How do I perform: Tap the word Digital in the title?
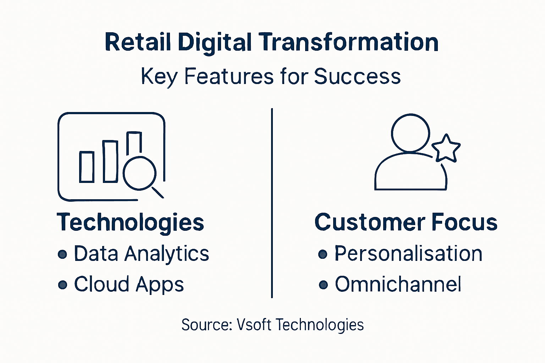[215, 42]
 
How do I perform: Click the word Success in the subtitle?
[357, 76]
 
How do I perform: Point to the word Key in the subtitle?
[159, 76]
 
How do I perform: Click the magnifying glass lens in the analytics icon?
[139, 173]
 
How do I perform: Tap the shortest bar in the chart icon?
[87, 167]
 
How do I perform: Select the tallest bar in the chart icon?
[134, 144]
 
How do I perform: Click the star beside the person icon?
[446, 149]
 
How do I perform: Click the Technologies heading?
[130, 222]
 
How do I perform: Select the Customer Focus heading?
[406, 222]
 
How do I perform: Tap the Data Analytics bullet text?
[141, 254]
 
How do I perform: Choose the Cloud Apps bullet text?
[129, 284]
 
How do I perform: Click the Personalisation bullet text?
[408, 254]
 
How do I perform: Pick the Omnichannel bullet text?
[398, 284]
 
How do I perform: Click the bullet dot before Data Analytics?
[62, 254]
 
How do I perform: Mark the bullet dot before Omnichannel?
[323, 285]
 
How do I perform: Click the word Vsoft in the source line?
[254, 325]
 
